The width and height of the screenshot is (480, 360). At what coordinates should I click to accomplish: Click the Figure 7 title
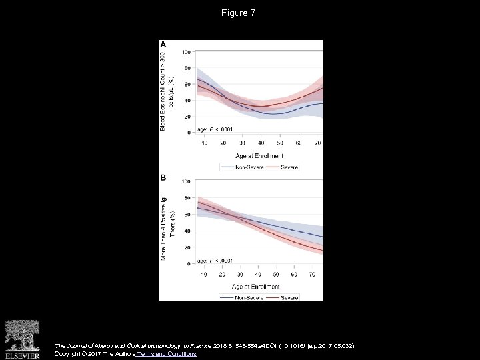[x=239, y=13]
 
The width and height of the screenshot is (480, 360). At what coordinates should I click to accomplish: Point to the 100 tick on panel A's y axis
[x=187, y=52]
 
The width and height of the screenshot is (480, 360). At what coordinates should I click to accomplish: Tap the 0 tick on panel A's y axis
[x=189, y=133]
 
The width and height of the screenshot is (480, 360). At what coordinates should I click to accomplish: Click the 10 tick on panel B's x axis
[x=203, y=274]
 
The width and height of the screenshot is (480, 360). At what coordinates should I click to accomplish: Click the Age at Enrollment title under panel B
[x=260, y=285]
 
